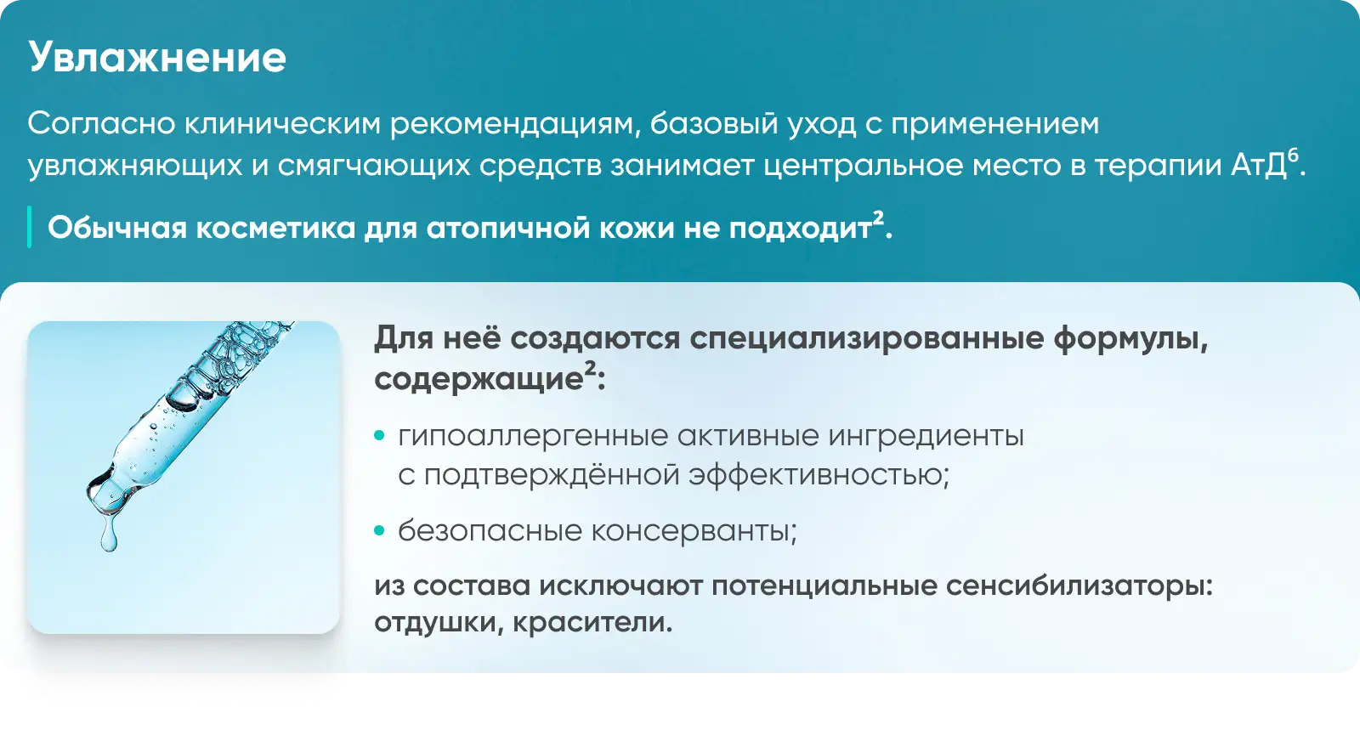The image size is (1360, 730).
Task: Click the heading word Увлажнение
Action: click(157, 58)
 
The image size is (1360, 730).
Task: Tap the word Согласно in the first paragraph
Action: click(101, 124)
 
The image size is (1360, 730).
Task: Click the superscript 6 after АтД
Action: click(1293, 156)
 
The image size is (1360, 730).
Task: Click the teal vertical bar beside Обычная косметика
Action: click(29, 227)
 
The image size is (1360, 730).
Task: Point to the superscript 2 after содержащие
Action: click(590, 369)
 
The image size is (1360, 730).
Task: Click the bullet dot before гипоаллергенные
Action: click(379, 435)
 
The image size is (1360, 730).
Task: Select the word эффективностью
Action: click(819, 474)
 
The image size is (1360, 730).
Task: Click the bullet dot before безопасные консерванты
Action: click(379, 531)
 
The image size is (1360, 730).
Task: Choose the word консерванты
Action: click(694, 532)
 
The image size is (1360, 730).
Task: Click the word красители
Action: click(592, 623)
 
